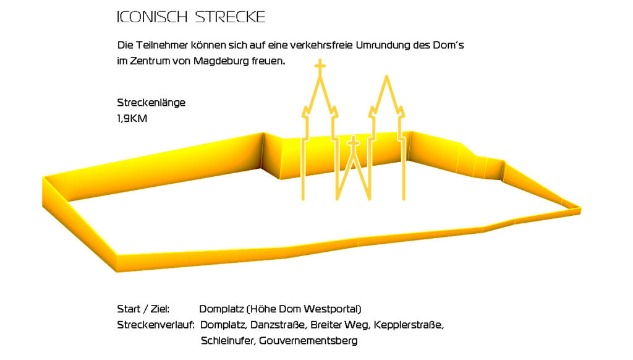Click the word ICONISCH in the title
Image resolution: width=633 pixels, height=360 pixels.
tap(152, 17)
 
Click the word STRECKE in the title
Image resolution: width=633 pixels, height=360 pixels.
tap(230, 17)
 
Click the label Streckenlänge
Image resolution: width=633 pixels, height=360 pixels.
tap(151, 103)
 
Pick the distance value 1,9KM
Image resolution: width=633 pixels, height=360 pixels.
tap(132, 118)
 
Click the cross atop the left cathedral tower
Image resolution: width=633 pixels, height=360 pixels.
tap(320, 65)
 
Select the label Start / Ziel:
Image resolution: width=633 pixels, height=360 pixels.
tap(143, 309)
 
